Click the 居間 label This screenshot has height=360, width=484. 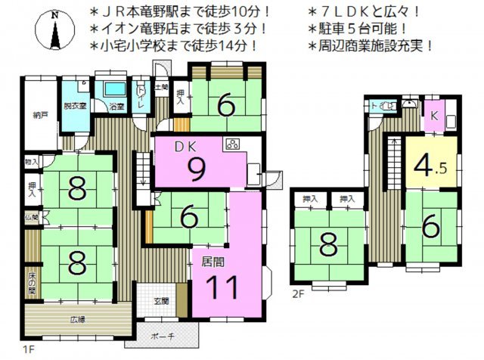pos(213,262)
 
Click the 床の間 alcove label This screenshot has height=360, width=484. pos(33,281)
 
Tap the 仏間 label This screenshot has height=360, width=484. pos(31,219)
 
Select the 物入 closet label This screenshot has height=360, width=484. pos(31,161)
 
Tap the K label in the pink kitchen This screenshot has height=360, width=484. pos(435,116)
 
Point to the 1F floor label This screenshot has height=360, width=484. pos(29,349)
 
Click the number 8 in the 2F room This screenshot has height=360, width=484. pos(327,245)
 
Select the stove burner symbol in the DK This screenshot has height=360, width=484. pos(231,144)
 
